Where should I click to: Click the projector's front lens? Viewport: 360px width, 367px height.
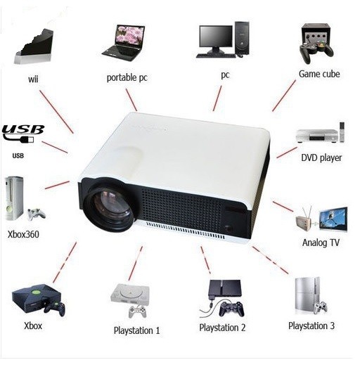(x=108, y=206)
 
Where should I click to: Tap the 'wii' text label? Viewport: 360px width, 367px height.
(x=33, y=79)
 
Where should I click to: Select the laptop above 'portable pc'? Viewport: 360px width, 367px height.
(x=123, y=43)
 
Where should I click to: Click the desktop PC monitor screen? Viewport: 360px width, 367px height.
(x=216, y=36)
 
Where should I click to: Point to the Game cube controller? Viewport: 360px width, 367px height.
(x=316, y=52)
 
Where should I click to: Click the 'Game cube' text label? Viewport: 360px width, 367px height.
(x=319, y=74)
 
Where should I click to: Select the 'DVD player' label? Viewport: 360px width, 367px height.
(x=321, y=157)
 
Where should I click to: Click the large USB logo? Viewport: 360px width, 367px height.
(x=23, y=134)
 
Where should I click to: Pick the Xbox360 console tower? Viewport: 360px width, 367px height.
(x=14, y=198)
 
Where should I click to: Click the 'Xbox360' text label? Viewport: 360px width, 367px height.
(x=23, y=234)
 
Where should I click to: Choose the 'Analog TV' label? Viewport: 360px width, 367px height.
(x=321, y=243)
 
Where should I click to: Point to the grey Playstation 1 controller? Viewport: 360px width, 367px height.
(x=138, y=311)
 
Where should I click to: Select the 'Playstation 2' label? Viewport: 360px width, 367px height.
(x=222, y=328)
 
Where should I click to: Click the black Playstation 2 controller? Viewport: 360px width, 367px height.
(x=231, y=309)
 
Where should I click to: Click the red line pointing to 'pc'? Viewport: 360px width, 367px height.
(x=217, y=98)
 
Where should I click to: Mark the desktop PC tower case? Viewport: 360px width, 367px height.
(x=242, y=38)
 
